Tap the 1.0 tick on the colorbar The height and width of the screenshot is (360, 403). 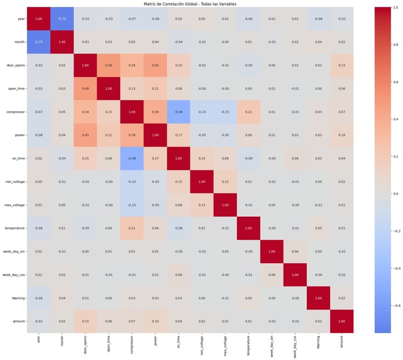395,8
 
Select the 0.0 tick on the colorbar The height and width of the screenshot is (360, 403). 395,194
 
